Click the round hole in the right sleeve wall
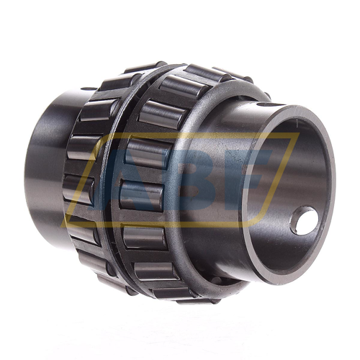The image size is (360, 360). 305,220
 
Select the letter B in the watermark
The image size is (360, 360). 185,180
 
